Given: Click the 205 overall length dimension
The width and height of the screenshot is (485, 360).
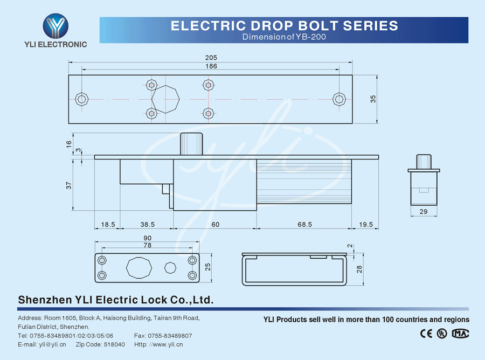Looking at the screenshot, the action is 211,58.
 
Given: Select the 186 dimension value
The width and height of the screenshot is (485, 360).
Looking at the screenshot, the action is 211,66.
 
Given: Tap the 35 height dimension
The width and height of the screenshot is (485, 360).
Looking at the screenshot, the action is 373,99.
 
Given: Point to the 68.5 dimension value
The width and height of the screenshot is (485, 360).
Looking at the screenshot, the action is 304,225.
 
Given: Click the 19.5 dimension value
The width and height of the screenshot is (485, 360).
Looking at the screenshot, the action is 366,225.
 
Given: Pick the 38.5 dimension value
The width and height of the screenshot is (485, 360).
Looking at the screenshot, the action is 148,225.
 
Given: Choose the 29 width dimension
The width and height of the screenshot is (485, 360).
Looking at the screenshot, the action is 424,212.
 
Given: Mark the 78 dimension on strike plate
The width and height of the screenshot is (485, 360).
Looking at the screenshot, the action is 148,245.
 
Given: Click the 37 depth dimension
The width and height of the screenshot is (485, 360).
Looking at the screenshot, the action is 68,185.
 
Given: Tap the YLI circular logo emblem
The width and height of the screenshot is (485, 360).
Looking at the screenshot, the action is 56,26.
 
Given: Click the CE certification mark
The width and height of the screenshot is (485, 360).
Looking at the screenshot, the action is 426,334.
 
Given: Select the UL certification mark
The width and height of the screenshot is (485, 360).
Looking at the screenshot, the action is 442,334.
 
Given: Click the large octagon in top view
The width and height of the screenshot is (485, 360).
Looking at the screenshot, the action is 165,99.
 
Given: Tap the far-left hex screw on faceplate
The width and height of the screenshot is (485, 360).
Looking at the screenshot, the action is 82,99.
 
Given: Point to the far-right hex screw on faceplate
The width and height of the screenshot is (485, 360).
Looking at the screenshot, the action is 339,99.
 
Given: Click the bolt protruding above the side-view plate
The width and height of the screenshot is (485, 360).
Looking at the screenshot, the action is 191,144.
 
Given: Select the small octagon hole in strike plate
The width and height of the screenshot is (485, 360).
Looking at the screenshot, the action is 170,268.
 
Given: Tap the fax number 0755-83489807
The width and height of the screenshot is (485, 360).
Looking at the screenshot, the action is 170,336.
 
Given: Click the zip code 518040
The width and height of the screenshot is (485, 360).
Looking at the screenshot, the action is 114,344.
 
